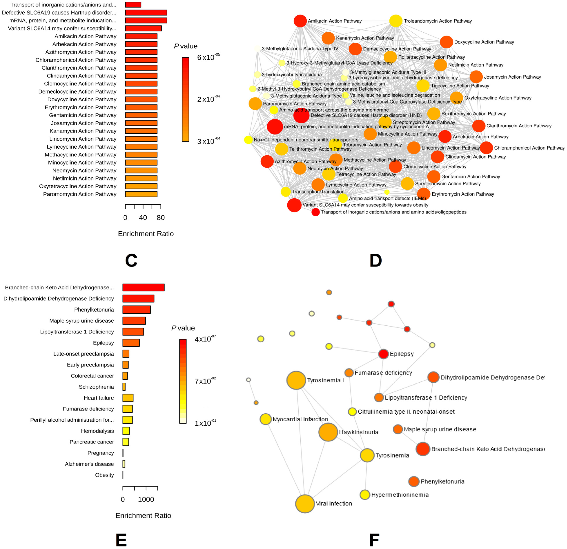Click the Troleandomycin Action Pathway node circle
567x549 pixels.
pos(396,21)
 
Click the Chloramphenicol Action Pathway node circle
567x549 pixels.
pos(486,148)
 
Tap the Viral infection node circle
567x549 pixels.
pos(305,504)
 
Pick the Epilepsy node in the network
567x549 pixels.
pos(383,354)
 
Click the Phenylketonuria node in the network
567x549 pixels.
pos(414,481)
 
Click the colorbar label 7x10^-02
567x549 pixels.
pos(205,381)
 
